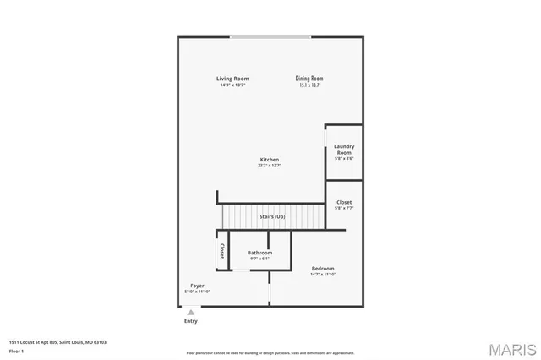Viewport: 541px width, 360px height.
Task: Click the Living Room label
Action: [232, 79]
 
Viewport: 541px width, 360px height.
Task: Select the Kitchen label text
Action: [270, 160]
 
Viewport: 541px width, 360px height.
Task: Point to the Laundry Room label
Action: [344, 150]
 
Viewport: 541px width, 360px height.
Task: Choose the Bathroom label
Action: [260, 253]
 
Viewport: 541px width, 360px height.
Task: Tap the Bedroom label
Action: [323, 269]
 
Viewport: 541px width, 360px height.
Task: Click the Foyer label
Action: [197, 286]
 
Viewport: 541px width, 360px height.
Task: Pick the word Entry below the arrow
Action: [191, 321]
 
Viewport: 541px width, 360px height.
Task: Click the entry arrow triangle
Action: [191, 312]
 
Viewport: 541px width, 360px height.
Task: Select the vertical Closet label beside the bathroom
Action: [222, 251]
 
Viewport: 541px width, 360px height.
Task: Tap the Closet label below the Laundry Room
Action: [344, 202]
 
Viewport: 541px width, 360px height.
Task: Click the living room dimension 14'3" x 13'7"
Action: [232, 85]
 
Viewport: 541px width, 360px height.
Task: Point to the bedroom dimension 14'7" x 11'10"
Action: [323, 275]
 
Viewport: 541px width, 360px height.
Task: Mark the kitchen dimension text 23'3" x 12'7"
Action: [270, 166]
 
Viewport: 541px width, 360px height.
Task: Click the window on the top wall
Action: [270, 36]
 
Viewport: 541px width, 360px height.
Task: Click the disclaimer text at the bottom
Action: [270, 352]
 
